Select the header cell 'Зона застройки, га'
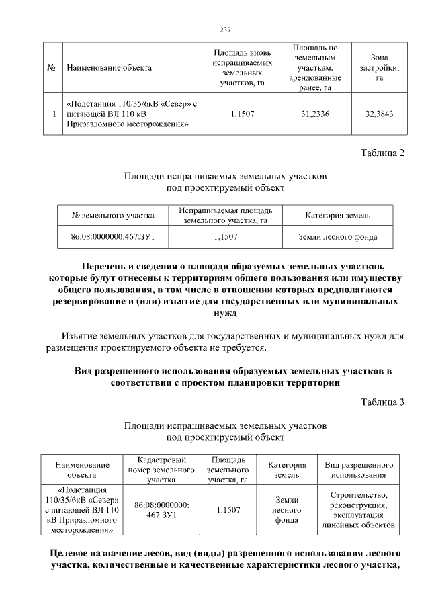[380, 68]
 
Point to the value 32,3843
[380, 114]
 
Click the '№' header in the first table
[52, 68]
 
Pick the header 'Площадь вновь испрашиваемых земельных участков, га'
[243, 68]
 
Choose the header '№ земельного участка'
[113, 215]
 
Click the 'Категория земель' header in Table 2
[337, 215]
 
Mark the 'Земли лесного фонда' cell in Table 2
[337, 236]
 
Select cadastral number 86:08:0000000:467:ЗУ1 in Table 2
[113, 236]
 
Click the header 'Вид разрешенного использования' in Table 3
[359, 470]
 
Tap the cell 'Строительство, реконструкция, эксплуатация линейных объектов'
[359, 510]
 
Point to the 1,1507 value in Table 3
[228, 510]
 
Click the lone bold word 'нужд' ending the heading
[225, 312]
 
